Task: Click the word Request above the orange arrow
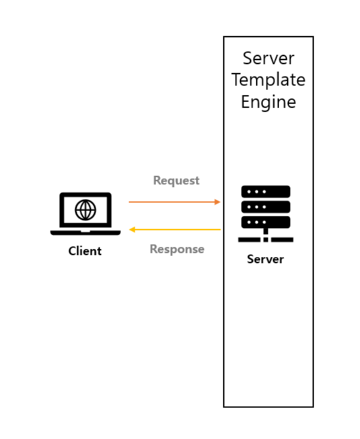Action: [x=176, y=181]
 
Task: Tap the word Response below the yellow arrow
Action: [x=177, y=249]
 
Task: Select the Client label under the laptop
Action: [x=85, y=251]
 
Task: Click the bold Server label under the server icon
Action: [x=265, y=259]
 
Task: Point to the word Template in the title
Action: [x=268, y=80]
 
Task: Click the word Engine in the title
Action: [x=268, y=102]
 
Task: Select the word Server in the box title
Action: [x=268, y=58]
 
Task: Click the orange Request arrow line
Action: [x=174, y=202]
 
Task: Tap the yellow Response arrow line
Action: [x=174, y=229]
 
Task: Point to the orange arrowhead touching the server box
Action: [x=217, y=202]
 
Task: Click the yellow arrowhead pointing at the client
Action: [x=132, y=229]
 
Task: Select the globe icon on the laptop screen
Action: [x=85, y=210]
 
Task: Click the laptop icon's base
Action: [x=85, y=233]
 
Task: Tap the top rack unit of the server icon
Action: [x=266, y=192]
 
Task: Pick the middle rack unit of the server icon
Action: [x=266, y=207]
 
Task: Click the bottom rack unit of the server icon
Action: [x=266, y=223]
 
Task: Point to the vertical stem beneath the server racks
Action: [x=266, y=231]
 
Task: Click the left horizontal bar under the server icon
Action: [x=250, y=239]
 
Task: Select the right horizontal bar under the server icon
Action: [x=282, y=239]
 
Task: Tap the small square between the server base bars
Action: [x=266, y=239]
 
